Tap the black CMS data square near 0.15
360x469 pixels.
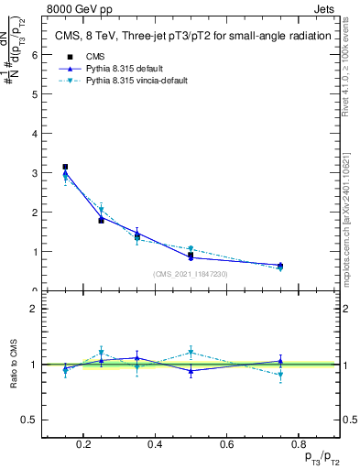pyautogui.click(x=65, y=167)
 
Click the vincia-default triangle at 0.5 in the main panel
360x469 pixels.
pyautogui.click(x=191, y=248)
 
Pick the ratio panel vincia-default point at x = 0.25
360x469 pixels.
pyautogui.click(x=102, y=352)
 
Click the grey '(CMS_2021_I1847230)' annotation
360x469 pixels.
pyautogui.click(x=190, y=274)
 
